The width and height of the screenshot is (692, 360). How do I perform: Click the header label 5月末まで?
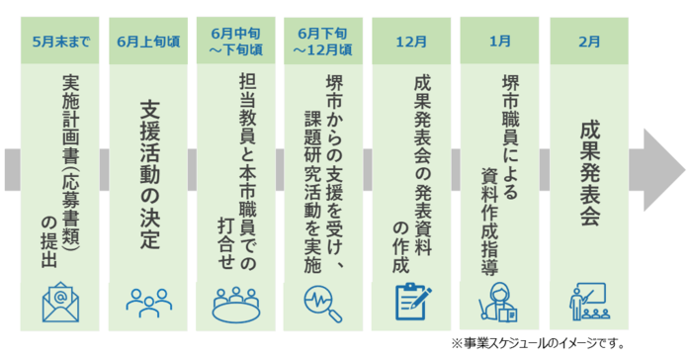click(61, 42)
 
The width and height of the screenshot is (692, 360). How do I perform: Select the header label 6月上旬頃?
click(148, 42)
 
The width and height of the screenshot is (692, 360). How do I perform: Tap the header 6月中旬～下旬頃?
click(236, 42)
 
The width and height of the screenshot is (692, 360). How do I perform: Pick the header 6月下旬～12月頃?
click(323, 42)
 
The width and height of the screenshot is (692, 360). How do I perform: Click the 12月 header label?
click(411, 42)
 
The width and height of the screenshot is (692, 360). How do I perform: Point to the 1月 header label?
click(499, 42)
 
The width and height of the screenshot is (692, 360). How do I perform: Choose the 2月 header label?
click(589, 42)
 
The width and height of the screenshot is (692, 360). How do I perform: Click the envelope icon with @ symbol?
click(60, 303)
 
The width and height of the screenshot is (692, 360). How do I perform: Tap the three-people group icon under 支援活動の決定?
click(148, 303)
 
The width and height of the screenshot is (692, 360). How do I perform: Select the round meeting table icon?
click(235, 305)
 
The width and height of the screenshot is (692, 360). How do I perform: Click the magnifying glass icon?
click(322, 304)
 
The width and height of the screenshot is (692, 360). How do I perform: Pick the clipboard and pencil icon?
click(413, 302)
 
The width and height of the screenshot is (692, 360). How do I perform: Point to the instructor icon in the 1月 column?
click(498, 303)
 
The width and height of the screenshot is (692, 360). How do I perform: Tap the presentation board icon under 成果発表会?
click(589, 302)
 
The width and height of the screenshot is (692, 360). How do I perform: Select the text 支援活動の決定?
click(149, 175)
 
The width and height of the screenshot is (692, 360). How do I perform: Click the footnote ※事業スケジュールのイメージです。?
click(538, 343)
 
